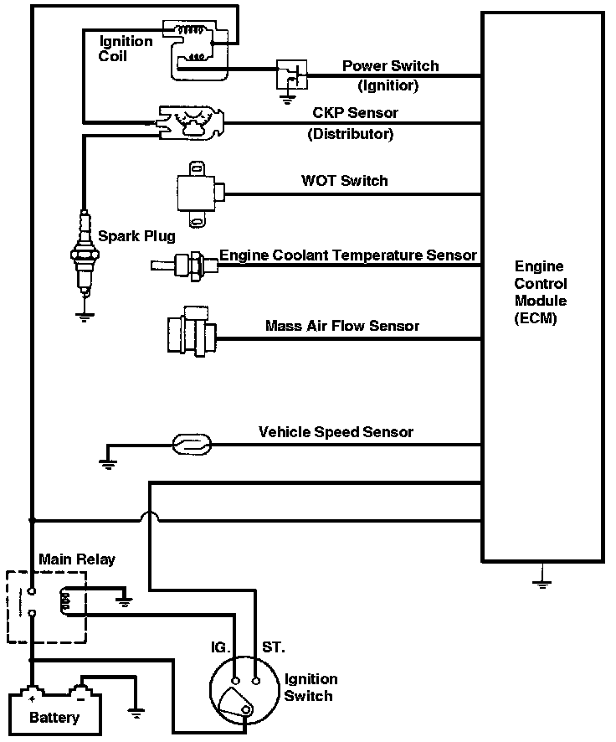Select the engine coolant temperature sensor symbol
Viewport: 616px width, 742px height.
click(185, 265)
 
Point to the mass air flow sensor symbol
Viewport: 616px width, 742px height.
click(192, 331)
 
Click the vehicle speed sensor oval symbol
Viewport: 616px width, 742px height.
click(191, 445)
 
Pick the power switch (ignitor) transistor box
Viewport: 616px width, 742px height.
click(292, 75)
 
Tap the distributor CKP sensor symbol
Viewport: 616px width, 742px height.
click(191, 122)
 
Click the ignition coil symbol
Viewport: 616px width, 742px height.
click(196, 49)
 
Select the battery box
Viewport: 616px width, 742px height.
click(55, 712)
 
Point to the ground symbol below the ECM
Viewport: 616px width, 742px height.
click(542, 576)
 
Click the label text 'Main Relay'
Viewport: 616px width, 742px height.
click(77, 559)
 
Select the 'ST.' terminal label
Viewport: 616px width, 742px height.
click(273, 647)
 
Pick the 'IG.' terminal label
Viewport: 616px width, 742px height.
click(220, 647)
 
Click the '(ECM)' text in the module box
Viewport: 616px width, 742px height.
click(536, 318)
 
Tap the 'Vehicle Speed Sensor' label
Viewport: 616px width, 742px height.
click(336, 431)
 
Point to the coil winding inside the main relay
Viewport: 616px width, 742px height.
click(66, 601)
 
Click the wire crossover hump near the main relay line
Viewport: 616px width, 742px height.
click(149, 516)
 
